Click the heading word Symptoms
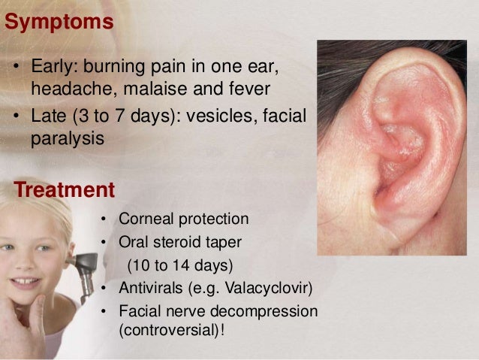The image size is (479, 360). tap(59, 21)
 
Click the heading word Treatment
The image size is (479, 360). tap(64, 188)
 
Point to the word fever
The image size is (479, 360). tap(249, 90)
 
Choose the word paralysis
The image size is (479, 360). tap(68, 140)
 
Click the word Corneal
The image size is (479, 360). tap(146, 219)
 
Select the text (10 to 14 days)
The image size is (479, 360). tap(180, 265)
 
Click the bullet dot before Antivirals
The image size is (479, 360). tap(104, 289)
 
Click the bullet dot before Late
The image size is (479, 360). tap(17, 119)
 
